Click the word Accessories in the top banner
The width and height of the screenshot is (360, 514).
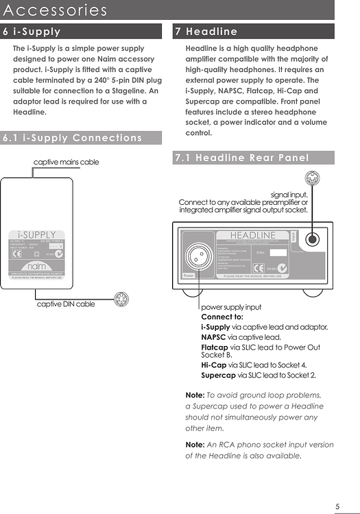click(55, 10)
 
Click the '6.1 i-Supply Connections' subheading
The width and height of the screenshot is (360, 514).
click(73, 138)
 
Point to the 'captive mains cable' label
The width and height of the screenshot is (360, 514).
click(67, 162)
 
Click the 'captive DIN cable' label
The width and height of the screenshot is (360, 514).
click(66, 304)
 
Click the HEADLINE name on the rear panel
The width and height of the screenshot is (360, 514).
click(252, 236)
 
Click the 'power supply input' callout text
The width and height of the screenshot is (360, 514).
click(231, 307)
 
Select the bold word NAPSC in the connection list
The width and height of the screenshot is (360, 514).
click(213, 337)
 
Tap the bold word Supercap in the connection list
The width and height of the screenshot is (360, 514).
click(218, 375)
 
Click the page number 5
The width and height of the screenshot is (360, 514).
click(337, 506)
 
